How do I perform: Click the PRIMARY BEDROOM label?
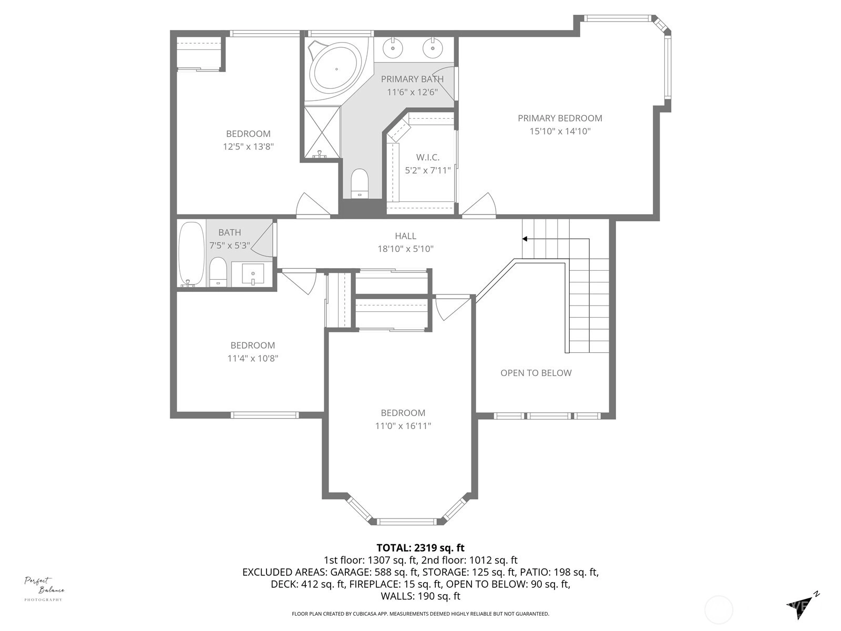pos(560,118)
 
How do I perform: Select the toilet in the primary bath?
pos(360,183)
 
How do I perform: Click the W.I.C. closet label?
pos(427,157)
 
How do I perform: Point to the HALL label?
pos(405,236)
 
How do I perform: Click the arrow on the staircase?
pos(556,296)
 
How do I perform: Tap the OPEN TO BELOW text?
pos(536,373)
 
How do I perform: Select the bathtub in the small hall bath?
pos(191,253)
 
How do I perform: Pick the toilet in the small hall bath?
pos(218,272)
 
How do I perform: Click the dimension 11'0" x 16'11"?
pos(403,425)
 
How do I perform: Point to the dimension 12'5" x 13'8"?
pos(248,146)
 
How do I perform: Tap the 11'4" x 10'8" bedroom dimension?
pos(252,358)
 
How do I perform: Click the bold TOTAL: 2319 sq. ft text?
pos(420,548)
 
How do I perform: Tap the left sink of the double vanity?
pos(393,48)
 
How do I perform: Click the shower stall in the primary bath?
pos(322,132)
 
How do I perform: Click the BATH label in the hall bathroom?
pos(230,232)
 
